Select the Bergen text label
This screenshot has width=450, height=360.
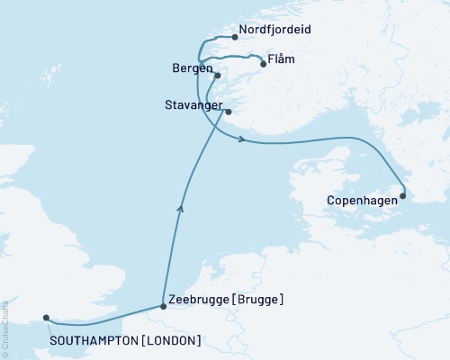point(192,69)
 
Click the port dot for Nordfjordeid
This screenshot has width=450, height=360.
point(235,38)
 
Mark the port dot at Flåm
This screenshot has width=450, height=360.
point(263,64)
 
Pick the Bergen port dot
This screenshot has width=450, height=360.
point(218,76)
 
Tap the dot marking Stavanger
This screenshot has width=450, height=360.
point(228,112)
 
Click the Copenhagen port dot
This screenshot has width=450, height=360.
point(403,195)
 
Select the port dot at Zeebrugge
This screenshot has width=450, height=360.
point(163,307)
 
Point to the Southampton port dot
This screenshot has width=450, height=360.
point(46,318)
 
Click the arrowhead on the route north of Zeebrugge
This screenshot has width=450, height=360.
point(182,209)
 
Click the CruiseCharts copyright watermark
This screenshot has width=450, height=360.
point(4,319)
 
